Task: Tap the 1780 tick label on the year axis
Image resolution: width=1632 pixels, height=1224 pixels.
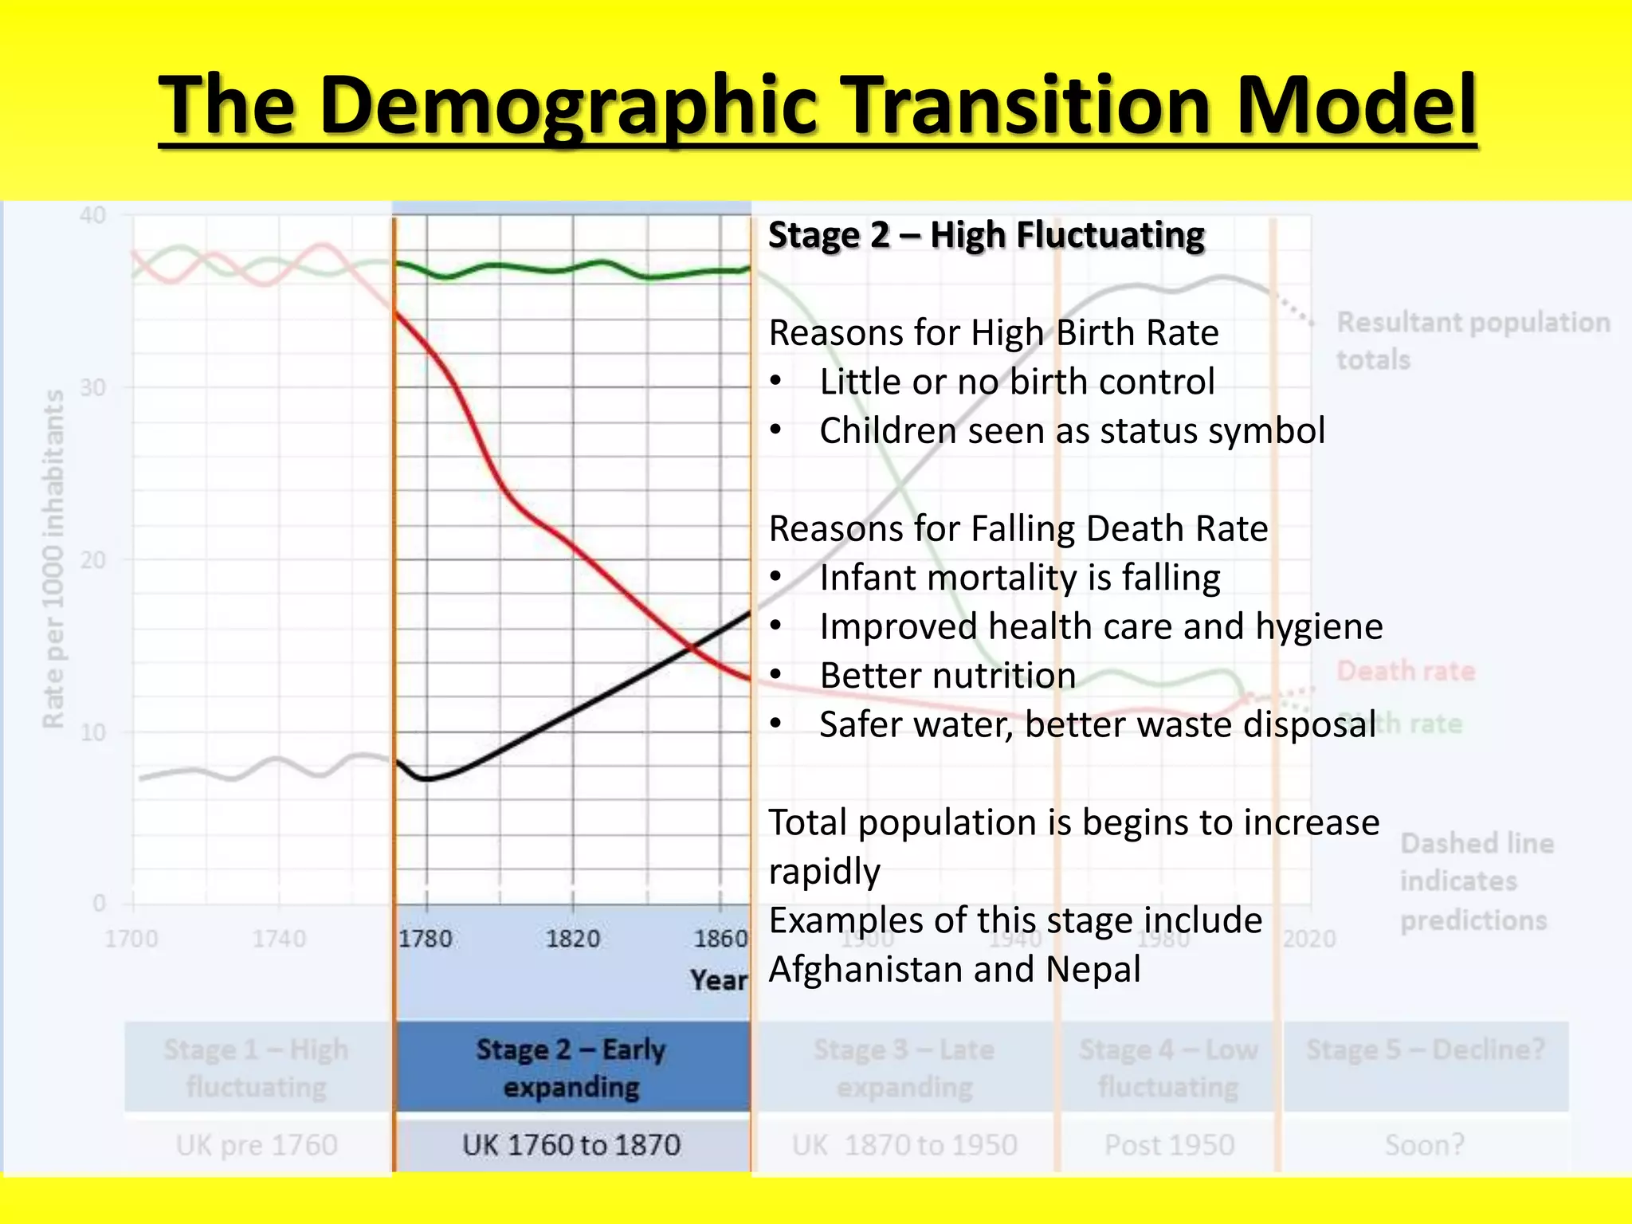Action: coord(426,939)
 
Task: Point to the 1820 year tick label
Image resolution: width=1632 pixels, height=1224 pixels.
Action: coord(573,939)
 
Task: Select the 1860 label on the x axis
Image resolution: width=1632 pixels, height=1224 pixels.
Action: coord(720,939)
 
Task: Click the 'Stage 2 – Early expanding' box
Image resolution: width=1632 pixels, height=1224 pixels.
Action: coord(571,1068)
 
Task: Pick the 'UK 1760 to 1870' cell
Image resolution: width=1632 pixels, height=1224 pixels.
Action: coord(571,1145)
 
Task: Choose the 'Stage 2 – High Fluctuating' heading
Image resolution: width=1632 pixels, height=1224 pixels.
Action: coord(986,236)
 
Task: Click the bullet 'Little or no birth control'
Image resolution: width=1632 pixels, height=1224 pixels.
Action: coord(1017,382)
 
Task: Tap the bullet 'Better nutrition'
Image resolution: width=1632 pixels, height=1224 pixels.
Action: coord(947,676)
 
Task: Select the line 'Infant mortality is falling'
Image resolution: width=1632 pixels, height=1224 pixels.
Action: coord(1019,578)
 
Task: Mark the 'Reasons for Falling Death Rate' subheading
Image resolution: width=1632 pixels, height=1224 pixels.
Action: coord(1018,529)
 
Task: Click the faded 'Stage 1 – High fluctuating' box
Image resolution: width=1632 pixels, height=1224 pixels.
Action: coord(256,1068)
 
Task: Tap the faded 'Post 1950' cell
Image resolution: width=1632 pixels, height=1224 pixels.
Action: coord(1169,1145)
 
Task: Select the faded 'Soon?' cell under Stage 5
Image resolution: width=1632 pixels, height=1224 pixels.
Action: coord(1425,1145)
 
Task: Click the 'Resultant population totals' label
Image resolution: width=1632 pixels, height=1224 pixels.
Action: coord(1473,340)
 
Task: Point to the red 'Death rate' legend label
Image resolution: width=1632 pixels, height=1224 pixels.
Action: coord(1406,671)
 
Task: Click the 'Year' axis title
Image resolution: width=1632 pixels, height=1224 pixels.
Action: coord(719,980)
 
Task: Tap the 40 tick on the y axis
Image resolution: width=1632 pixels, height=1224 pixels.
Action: coord(93,215)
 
